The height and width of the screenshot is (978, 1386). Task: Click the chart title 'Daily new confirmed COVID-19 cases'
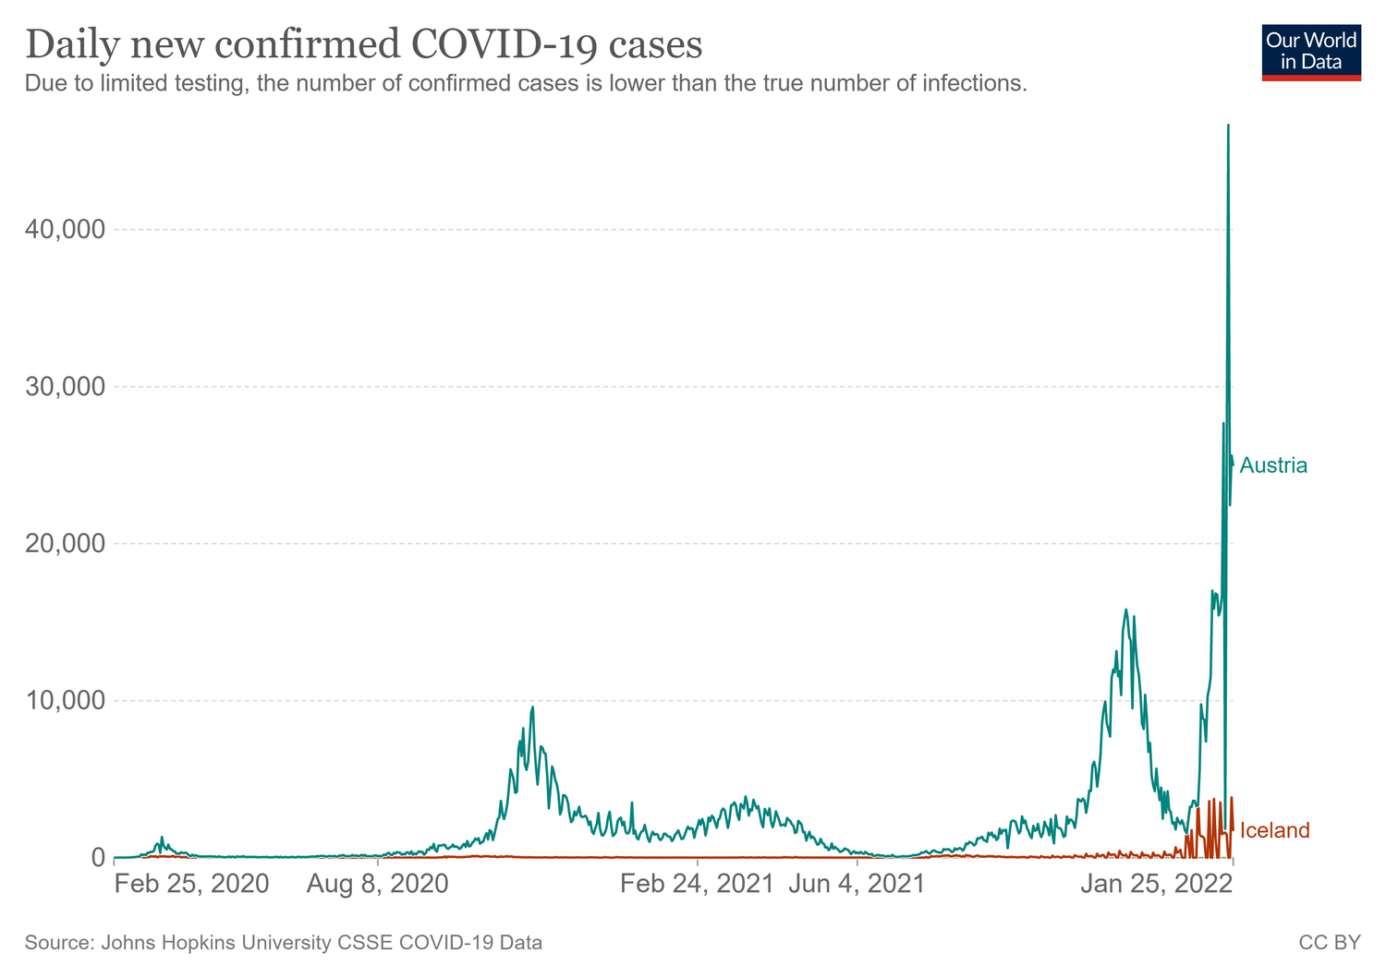(x=364, y=44)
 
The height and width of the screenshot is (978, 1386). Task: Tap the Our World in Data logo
(x=1310, y=52)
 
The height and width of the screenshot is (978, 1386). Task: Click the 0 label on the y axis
(x=95, y=858)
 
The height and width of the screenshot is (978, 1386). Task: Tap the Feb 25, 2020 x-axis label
(x=192, y=885)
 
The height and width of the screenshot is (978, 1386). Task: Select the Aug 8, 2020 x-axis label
(x=377, y=885)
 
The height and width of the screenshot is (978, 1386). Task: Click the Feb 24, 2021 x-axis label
(x=697, y=885)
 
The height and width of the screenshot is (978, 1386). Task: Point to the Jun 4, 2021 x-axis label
(x=857, y=885)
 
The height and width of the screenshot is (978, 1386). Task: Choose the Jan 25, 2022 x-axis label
(x=1157, y=885)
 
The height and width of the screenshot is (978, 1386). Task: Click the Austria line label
(x=1273, y=465)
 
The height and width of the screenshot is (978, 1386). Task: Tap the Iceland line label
(x=1274, y=830)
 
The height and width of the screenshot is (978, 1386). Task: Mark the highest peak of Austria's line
(x=1228, y=126)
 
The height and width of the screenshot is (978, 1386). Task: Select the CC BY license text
(x=1329, y=943)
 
